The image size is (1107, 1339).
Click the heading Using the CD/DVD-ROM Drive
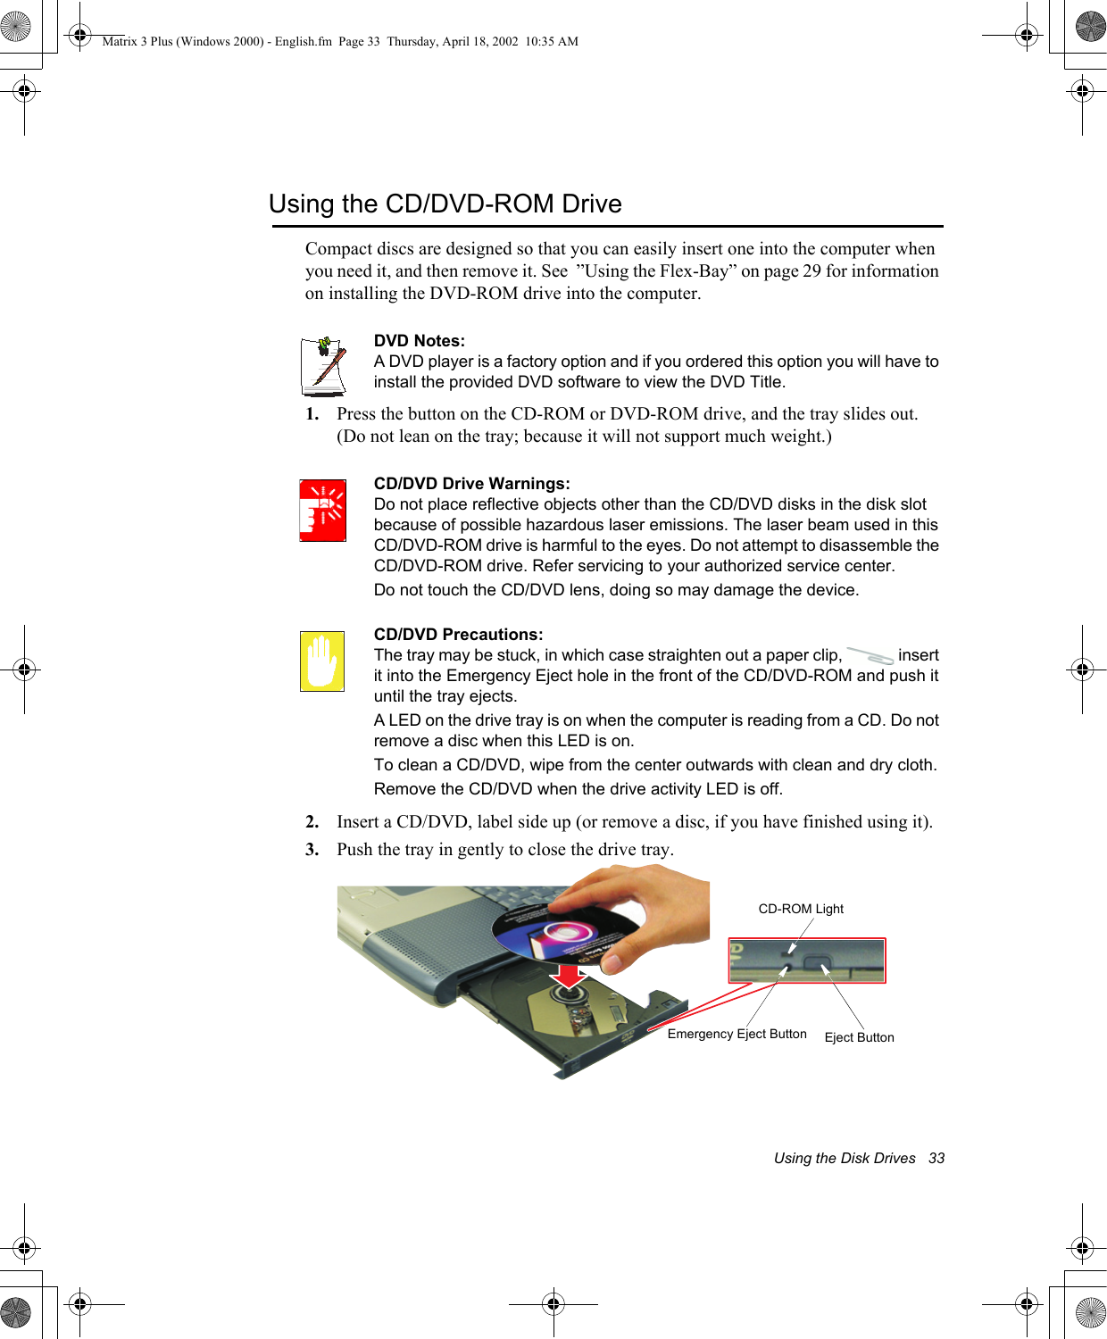tap(445, 204)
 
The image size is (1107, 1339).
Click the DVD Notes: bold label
tap(419, 341)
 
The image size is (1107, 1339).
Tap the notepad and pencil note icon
tap(323, 366)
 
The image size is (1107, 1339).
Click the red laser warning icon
tap(322, 511)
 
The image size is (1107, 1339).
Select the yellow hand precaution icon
tap(322, 661)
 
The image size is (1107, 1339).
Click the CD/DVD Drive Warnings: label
tap(471, 484)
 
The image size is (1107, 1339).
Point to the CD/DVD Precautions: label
tap(458, 635)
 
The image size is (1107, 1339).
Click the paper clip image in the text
tap(870, 656)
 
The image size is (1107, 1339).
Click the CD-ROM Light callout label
tap(801, 909)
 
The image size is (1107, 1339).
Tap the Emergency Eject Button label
tap(737, 1034)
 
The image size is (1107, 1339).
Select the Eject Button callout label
tap(859, 1037)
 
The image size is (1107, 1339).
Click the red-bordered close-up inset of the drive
tap(807, 961)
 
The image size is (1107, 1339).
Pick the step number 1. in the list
tap(312, 414)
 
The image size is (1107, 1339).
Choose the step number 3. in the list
tap(312, 850)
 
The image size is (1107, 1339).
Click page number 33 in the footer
tap(936, 1159)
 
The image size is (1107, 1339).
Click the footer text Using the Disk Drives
tap(845, 1159)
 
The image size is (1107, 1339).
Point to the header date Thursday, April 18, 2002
tap(453, 41)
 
